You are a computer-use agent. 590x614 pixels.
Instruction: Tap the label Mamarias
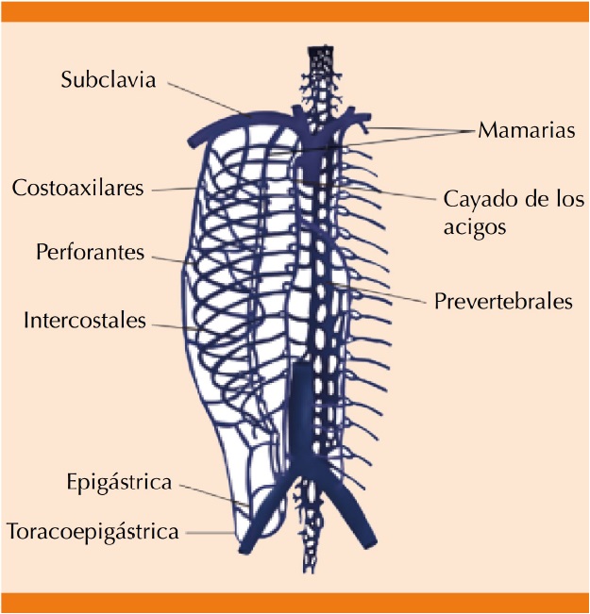click(x=526, y=130)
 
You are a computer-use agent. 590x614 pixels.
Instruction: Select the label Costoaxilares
click(x=77, y=188)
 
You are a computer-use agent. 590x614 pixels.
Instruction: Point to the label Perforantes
click(x=91, y=253)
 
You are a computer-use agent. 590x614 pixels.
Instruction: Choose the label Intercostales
click(x=85, y=321)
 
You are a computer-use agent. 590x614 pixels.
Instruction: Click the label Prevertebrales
click(x=504, y=302)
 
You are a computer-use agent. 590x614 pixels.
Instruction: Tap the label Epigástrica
click(x=120, y=483)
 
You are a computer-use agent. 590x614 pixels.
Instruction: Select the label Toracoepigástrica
click(x=93, y=532)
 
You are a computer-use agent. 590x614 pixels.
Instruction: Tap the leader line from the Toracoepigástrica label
click(x=211, y=533)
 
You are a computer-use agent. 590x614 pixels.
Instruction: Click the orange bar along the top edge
click(x=295, y=10)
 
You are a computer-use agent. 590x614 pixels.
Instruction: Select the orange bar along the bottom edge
click(x=295, y=603)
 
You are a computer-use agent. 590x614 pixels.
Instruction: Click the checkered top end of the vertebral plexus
click(x=321, y=54)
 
